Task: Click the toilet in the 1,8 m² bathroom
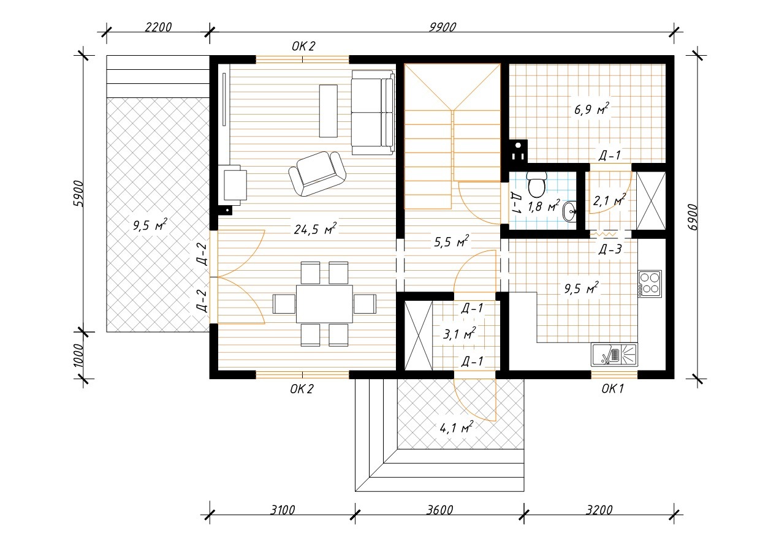(x=536, y=184)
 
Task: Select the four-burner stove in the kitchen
(x=650, y=284)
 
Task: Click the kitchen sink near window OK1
(x=614, y=355)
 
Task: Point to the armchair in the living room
(x=317, y=173)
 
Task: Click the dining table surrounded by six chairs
(x=324, y=304)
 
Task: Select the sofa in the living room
(x=373, y=112)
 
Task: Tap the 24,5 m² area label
(x=315, y=229)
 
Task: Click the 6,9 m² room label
(x=591, y=109)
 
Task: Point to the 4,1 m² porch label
(x=457, y=428)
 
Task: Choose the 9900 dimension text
(x=442, y=27)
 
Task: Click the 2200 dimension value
(x=158, y=27)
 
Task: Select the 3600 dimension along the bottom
(x=439, y=510)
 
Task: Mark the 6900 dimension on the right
(x=694, y=217)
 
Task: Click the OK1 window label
(x=612, y=389)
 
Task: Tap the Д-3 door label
(x=610, y=249)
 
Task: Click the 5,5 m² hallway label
(x=452, y=241)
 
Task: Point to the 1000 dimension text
(x=78, y=356)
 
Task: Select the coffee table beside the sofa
(x=329, y=111)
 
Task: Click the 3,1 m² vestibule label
(x=460, y=334)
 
